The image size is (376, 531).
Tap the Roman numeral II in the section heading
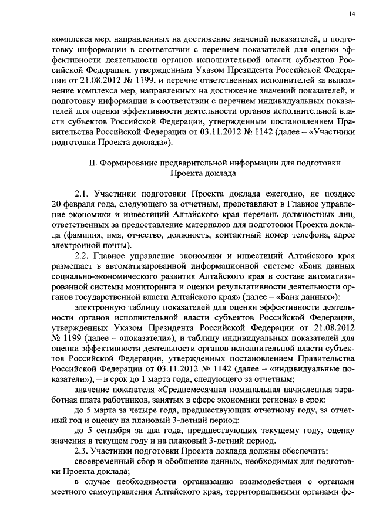point(92,162)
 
